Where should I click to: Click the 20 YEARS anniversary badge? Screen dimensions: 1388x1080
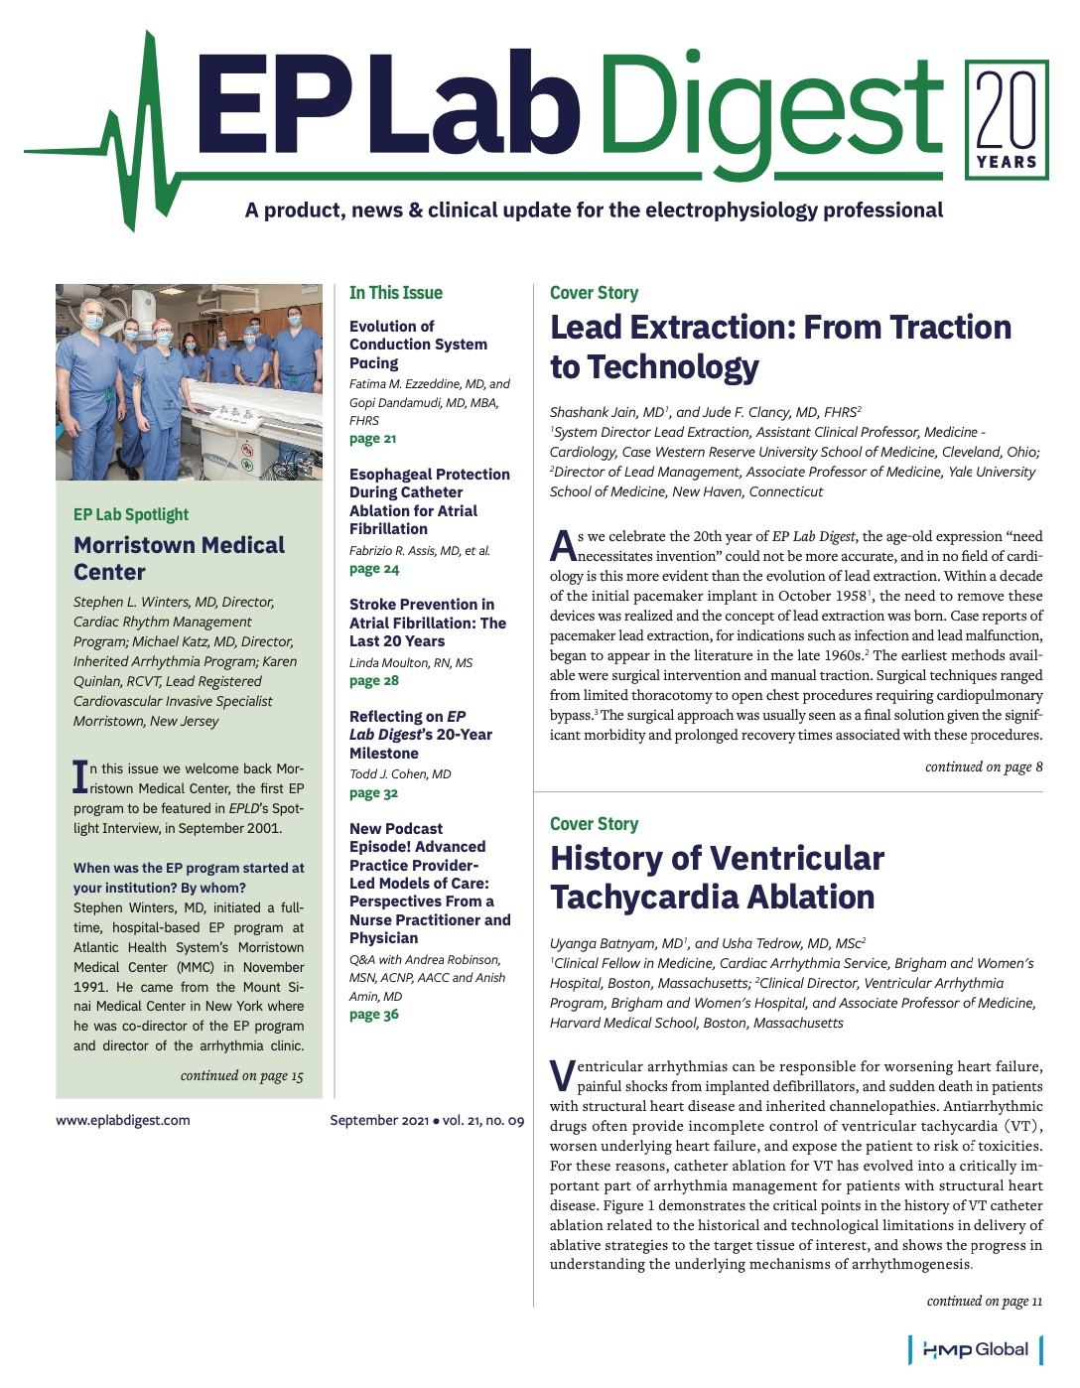click(x=1007, y=120)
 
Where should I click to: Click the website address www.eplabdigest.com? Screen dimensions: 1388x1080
click(x=123, y=1120)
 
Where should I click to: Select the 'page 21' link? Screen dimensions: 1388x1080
click(x=372, y=439)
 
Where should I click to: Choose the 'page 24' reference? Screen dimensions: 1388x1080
click(x=373, y=569)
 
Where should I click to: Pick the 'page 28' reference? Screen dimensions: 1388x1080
click(x=373, y=681)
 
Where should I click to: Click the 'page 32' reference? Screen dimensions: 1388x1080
click(x=373, y=793)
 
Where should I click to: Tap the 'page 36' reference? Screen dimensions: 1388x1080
click(x=373, y=1015)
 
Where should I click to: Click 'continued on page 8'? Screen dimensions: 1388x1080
click(x=983, y=766)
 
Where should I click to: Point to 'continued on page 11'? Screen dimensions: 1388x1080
click(x=984, y=1301)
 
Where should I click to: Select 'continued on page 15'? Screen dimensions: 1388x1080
click(x=241, y=1075)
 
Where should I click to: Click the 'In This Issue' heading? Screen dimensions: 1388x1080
click(x=395, y=293)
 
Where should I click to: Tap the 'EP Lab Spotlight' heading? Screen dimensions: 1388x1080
click(x=131, y=514)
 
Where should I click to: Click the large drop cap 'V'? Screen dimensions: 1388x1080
click(x=562, y=1074)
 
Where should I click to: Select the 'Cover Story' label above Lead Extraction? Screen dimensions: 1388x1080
click(x=594, y=293)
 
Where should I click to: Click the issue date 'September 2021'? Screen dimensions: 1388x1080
click(x=378, y=1120)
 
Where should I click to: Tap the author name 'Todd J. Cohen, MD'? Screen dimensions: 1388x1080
click(x=400, y=773)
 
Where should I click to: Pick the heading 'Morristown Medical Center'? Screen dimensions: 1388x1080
click(x=179, y=558)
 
